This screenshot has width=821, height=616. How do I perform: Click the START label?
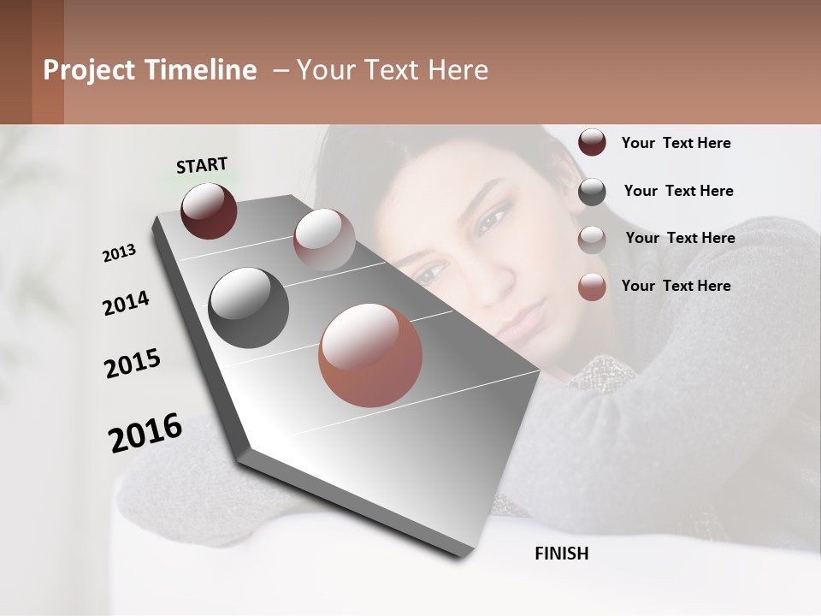point(202,165)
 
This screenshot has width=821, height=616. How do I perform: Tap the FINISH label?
point(561,554)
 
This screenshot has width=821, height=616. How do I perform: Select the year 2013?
point(119,253)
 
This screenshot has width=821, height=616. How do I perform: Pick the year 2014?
point(126,304)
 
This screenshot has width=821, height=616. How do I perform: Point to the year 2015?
point(133,364)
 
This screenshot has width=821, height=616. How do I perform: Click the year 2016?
point(145,433)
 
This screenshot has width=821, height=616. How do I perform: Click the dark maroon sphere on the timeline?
point(209,210)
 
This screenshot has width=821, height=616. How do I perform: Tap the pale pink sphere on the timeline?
point(323,239)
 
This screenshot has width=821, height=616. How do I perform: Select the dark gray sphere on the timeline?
point(248,308)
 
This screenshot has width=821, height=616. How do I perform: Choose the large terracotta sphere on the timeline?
point(370,355)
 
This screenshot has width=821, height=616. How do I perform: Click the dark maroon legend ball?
point(592,143)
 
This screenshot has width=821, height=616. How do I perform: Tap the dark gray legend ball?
point(592,192)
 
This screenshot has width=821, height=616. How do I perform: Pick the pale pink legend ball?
point(592,240)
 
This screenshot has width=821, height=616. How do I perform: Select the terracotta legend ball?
point(592,287)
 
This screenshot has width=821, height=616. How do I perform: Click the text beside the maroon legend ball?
point(676,143)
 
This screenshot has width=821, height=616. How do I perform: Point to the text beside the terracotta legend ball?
point(676,286)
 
